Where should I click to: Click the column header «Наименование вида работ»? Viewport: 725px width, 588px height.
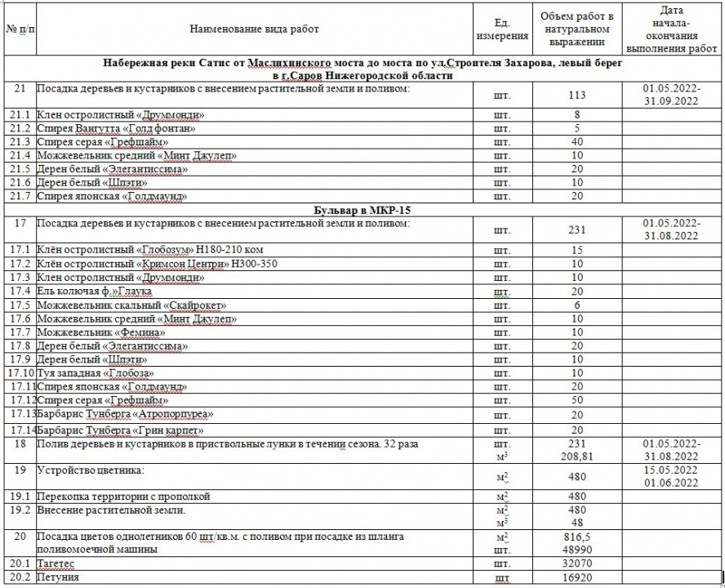coord(254,29)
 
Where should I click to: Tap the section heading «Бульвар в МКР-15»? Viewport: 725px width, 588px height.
coord(361,210)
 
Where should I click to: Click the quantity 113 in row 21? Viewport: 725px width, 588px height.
coord(577,96)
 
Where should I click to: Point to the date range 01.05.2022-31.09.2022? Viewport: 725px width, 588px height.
coord(671,95)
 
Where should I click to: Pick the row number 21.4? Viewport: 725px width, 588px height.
coord(18,155)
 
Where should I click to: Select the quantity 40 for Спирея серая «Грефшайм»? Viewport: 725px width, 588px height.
coord(577,142)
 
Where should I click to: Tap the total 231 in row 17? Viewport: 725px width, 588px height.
coord(577,230)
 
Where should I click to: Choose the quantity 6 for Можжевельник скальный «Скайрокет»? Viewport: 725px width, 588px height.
coord(577,305)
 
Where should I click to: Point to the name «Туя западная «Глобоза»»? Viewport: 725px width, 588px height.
coord(95,373)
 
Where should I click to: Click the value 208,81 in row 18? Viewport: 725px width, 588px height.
coord(577,456)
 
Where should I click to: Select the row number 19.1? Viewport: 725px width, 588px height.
coord(18,496)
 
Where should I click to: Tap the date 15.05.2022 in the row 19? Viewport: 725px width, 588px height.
coord(671,470)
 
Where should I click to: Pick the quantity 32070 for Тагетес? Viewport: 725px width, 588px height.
coord(577,563)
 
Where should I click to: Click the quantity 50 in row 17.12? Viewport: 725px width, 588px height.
coord(577,400)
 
